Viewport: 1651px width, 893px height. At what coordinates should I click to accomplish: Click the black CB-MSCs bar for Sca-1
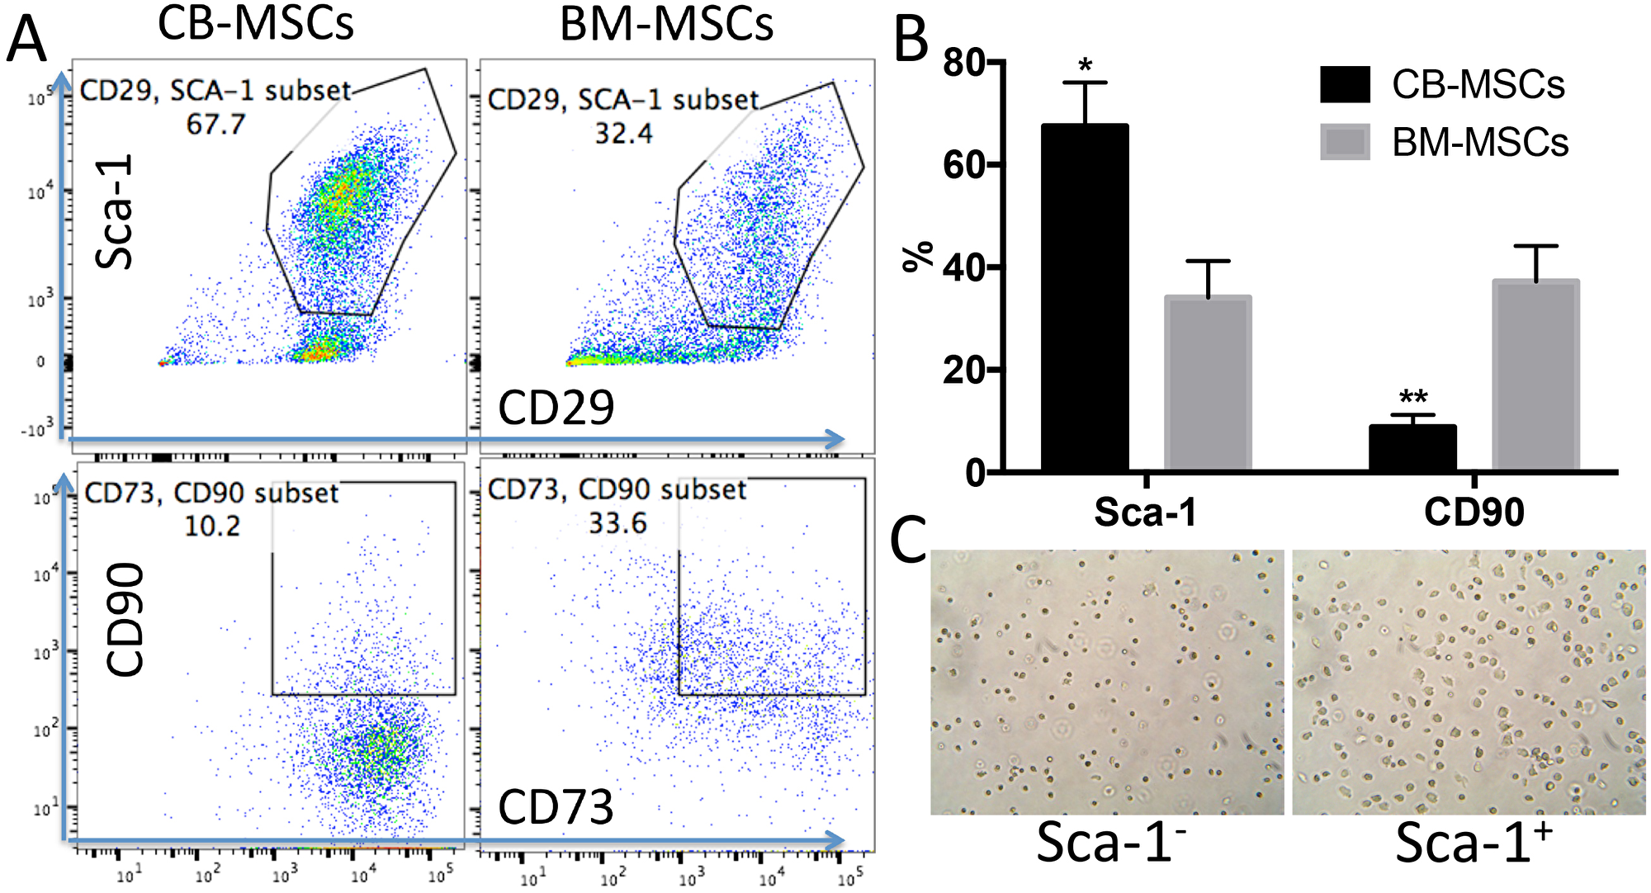click(x=1085, y=297)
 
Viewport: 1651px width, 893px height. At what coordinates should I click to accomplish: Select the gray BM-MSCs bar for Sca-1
click(x=1208, y=383)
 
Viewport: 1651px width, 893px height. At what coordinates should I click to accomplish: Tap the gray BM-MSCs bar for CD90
click(x=1535, y=376)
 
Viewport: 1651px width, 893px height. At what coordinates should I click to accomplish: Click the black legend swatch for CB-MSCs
click(x=1345, y=84)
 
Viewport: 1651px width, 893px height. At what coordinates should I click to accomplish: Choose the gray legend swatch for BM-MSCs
click(x=1345, y=141)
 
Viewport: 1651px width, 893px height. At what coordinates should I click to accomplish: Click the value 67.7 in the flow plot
click(x=215, y=125)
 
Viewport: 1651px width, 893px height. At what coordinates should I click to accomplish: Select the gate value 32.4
click(x=623, y=133)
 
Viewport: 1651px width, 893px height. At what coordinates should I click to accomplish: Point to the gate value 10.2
click(x=212, y=526)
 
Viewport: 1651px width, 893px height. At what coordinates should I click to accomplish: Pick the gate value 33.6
click(x=617, y=523)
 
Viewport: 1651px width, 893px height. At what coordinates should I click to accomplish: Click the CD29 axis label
click(x=556, y=407)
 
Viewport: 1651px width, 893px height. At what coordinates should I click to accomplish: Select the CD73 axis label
click(x=556, y=806)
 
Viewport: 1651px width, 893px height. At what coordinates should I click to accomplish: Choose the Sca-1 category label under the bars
click(x=1145, y=513)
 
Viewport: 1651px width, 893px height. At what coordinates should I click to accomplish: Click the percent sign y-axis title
click(x=917, y=256)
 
